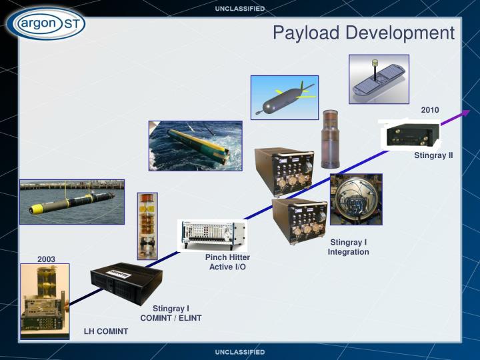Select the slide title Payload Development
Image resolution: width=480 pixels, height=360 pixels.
[x=363, y=33]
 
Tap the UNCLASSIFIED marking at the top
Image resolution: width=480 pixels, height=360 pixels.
[x=239, y=9]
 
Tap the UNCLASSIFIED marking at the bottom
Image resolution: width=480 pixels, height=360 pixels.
[x=239, y=351]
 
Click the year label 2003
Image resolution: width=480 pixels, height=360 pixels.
[x=46, y=259]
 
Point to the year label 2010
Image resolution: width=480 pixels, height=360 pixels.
[x=430, y=109]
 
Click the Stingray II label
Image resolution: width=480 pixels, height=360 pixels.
[x=433, y=156]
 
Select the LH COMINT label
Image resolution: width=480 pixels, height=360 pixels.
[x=105, y=331]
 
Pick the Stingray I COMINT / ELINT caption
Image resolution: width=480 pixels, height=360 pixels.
[x=171, y=313]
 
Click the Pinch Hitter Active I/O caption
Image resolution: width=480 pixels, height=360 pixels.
[x=227, y=262]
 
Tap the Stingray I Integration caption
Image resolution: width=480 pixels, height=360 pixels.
[x=348, y=247]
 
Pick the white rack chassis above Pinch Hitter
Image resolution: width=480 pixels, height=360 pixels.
[x=212, y=234]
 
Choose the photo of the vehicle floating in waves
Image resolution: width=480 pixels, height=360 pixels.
[x=195, y=145]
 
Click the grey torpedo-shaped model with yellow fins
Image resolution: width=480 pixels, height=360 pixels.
[x=284, y=97]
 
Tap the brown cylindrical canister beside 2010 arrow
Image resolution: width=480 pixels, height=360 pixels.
[x=331, y=138]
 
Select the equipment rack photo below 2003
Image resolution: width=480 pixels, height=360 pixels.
[x=45, y=301]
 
